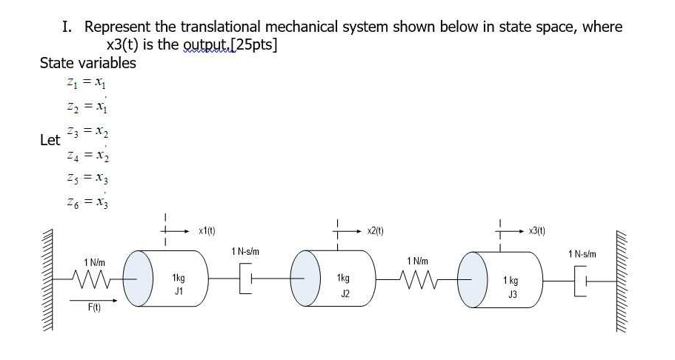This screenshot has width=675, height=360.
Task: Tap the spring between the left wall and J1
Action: tap(95, 279)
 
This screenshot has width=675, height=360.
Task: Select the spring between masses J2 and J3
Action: tap(415, 279)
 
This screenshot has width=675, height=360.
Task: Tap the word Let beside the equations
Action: tap(50, 139)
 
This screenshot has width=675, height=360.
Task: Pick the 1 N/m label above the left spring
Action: tap(95, 261)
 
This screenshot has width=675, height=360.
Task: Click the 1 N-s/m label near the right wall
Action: tap(582, 254)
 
